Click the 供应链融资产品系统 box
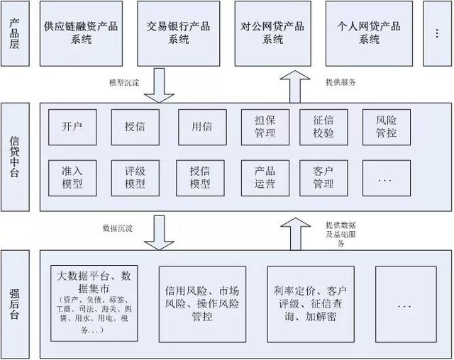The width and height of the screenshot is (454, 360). click(x=81, y=33)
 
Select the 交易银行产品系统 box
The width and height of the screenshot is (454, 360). click(x=178, y=33)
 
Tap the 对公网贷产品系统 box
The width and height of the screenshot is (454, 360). click(x=273, y=33)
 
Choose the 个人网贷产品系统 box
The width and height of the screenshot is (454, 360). click(x=369, y=33)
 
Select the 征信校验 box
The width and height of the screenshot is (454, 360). click(x=323, y=127)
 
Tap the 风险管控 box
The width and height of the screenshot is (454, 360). click(x=387, y=127)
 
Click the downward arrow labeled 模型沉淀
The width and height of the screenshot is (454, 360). click(x=160, y=85)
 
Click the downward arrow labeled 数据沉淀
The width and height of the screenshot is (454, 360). click(x=160, y=232)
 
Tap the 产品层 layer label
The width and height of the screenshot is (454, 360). click(x=16, y=33)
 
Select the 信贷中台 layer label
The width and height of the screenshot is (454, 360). click(x=16, y=157)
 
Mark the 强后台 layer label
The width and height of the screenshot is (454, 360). click(x=16, y=303)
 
